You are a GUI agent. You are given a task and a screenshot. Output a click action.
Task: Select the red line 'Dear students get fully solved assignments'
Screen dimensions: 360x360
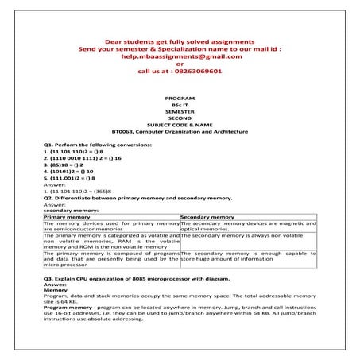(x=180, y=41)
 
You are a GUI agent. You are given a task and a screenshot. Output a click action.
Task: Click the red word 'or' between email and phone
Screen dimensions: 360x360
(x=180, y=64)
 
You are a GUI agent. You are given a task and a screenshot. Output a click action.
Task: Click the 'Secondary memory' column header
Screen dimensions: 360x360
(x=207, y=216)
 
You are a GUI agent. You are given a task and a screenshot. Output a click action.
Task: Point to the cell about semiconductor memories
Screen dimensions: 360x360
(x=110, y=226)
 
